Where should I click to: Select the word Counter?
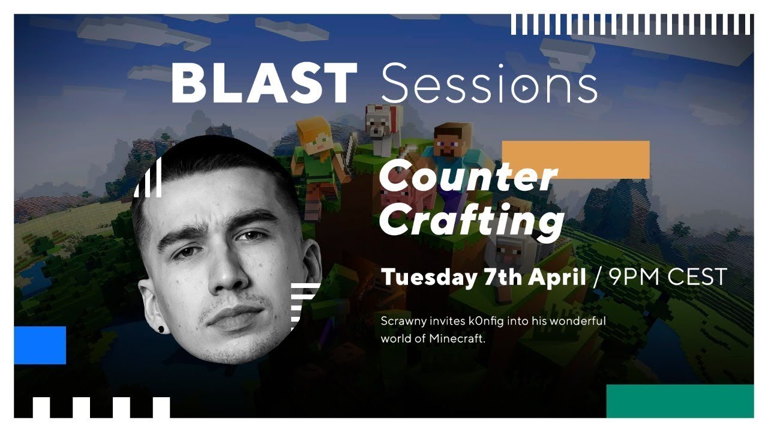pyautogui.click(x=468, y=179)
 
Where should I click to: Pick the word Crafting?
pyautogui.click(x=471, y=220)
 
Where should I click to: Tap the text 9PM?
pyautogui.click(x=635, y=277)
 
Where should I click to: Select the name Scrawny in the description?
pyautogui.click(x=401, y=321)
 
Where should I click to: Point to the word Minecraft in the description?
pyautogui.click(x=457, y=338)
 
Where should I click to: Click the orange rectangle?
pyautogui.click(x=575, y=160)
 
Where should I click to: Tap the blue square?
pyautogui.click(x=40, y=345)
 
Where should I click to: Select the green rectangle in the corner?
pyautogui.click(x=680, y=401)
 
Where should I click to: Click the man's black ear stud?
pyautogui.click(x=161, y=329)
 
